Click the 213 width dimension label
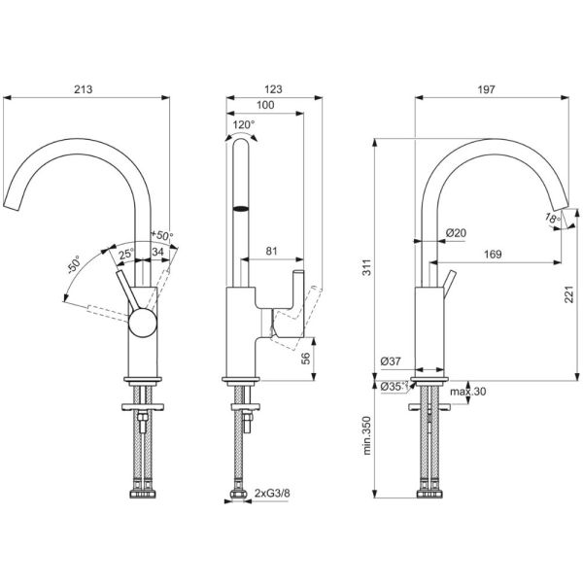pos(84,89)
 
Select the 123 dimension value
pos(273,89)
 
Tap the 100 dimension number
pos(265,105)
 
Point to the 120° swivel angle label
pos(244,124)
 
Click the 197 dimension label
pos(487,89)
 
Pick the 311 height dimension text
pos(367,267)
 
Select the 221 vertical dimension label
pos(569,294)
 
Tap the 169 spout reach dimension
pos(493,255)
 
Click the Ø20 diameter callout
pos(456,233)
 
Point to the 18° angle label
pos(553,218)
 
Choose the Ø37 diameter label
pos(391,360)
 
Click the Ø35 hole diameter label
pos(393,387)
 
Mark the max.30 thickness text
pos(467,392)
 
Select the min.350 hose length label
pos(367,435)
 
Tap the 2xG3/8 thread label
pos(272,494)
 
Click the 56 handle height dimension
pos(305,359)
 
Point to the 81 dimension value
pos(272,251)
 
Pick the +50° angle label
pos(161,235)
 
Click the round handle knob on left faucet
pos(143,323)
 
